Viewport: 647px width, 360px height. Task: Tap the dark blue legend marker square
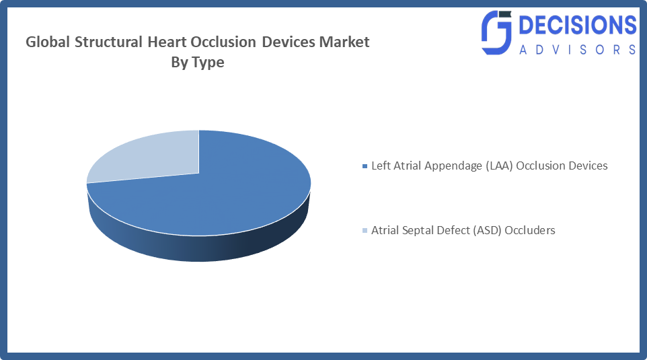point(365,166)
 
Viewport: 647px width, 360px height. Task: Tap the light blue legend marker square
point(365,231)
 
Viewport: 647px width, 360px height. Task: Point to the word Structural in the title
point(106,42)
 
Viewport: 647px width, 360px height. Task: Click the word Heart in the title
point(167,42)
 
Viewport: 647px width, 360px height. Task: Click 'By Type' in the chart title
point(198,63)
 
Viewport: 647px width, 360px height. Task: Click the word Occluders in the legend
point(531,230)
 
